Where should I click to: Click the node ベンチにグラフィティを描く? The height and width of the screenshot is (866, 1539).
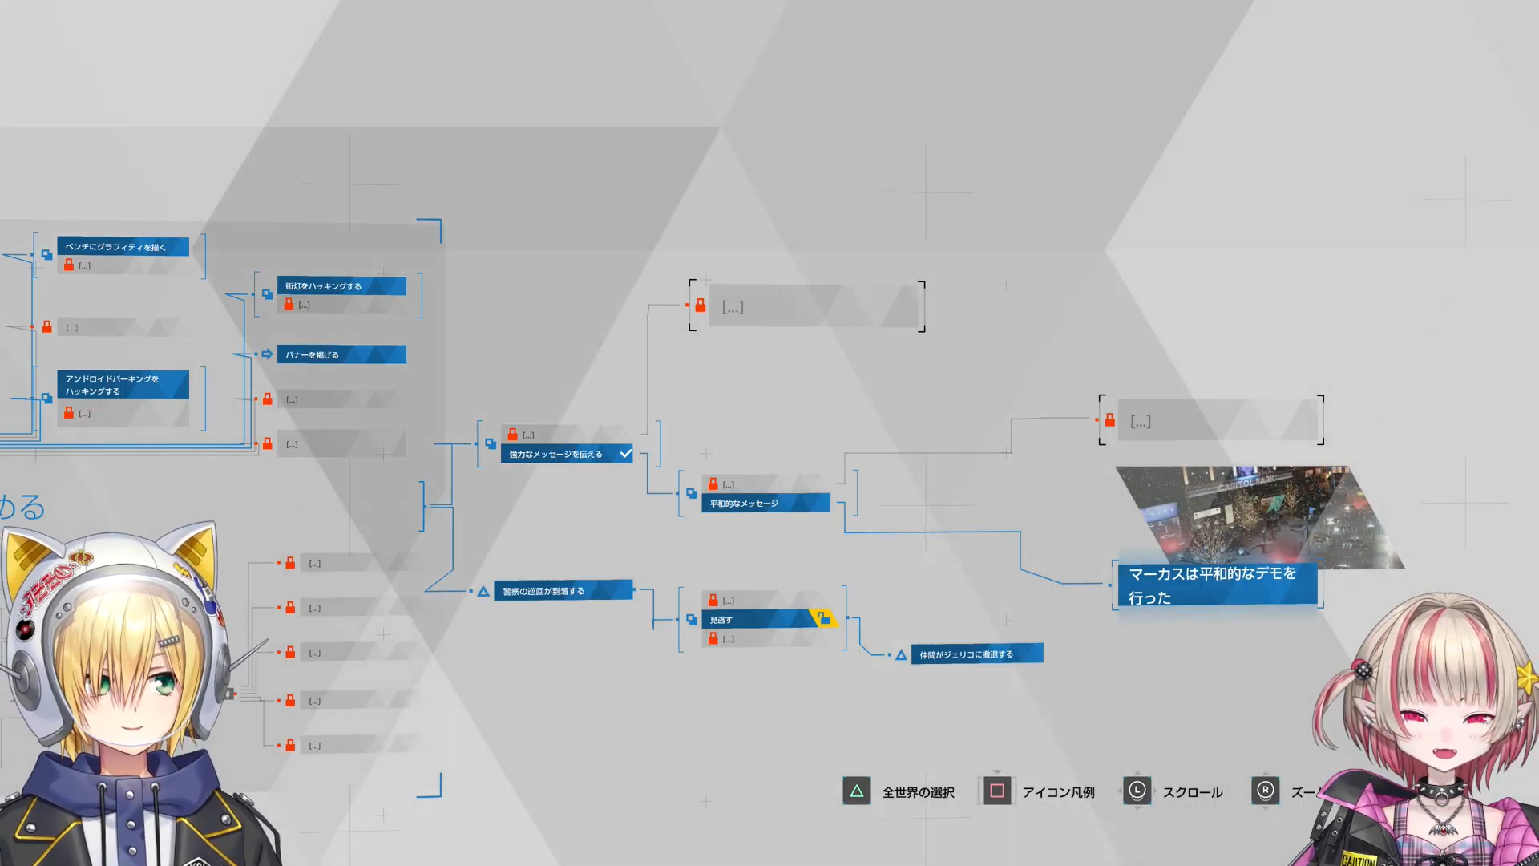point(123,247)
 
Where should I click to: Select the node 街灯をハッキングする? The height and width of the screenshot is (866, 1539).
point(341,286)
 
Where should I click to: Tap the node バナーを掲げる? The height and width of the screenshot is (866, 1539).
point(341,354)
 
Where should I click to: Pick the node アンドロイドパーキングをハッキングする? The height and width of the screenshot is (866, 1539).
point(123,385)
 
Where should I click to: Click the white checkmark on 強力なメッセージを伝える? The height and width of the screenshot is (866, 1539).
point(625,454)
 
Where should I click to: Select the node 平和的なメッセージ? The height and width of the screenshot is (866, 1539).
point(765,504)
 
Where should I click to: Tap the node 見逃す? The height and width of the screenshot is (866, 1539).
point(757,620)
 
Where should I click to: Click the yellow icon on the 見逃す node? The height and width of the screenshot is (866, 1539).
point(823,618)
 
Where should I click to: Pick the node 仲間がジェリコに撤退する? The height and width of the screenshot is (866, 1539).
point(976,654)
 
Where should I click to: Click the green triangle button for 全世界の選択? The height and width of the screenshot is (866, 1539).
point(856,791)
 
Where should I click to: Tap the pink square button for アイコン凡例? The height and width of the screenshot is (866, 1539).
point(996,791)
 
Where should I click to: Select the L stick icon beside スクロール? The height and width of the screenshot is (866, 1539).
point(1137,791)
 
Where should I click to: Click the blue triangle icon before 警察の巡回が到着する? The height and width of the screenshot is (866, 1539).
point(483,592)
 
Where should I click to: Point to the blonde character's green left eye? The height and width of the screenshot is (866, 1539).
point(164,683)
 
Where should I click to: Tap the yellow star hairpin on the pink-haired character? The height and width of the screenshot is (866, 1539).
point(1526,678)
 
